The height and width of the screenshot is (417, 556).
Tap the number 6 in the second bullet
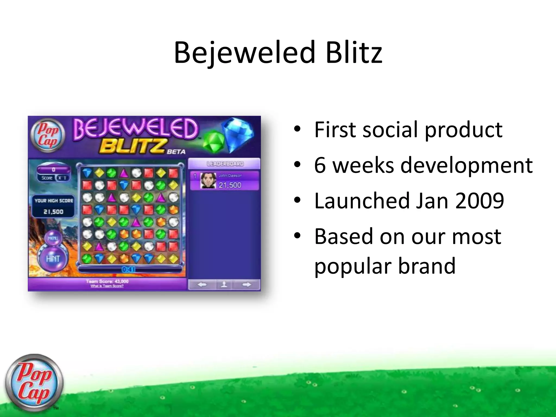point(320,165)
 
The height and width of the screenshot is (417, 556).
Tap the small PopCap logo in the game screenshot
point(48,135)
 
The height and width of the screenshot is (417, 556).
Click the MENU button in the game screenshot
point(53,238)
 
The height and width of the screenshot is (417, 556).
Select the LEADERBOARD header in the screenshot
point(225,164)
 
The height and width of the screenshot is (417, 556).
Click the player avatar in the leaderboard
point(208,181)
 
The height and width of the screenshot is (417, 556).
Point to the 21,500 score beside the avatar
point(230,185)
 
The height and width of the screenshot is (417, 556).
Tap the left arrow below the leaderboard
point(202,285)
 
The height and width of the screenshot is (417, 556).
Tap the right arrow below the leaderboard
point(247,285)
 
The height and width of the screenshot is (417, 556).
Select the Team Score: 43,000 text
point(107,281)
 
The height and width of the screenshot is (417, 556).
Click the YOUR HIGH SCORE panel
point(53,206)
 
